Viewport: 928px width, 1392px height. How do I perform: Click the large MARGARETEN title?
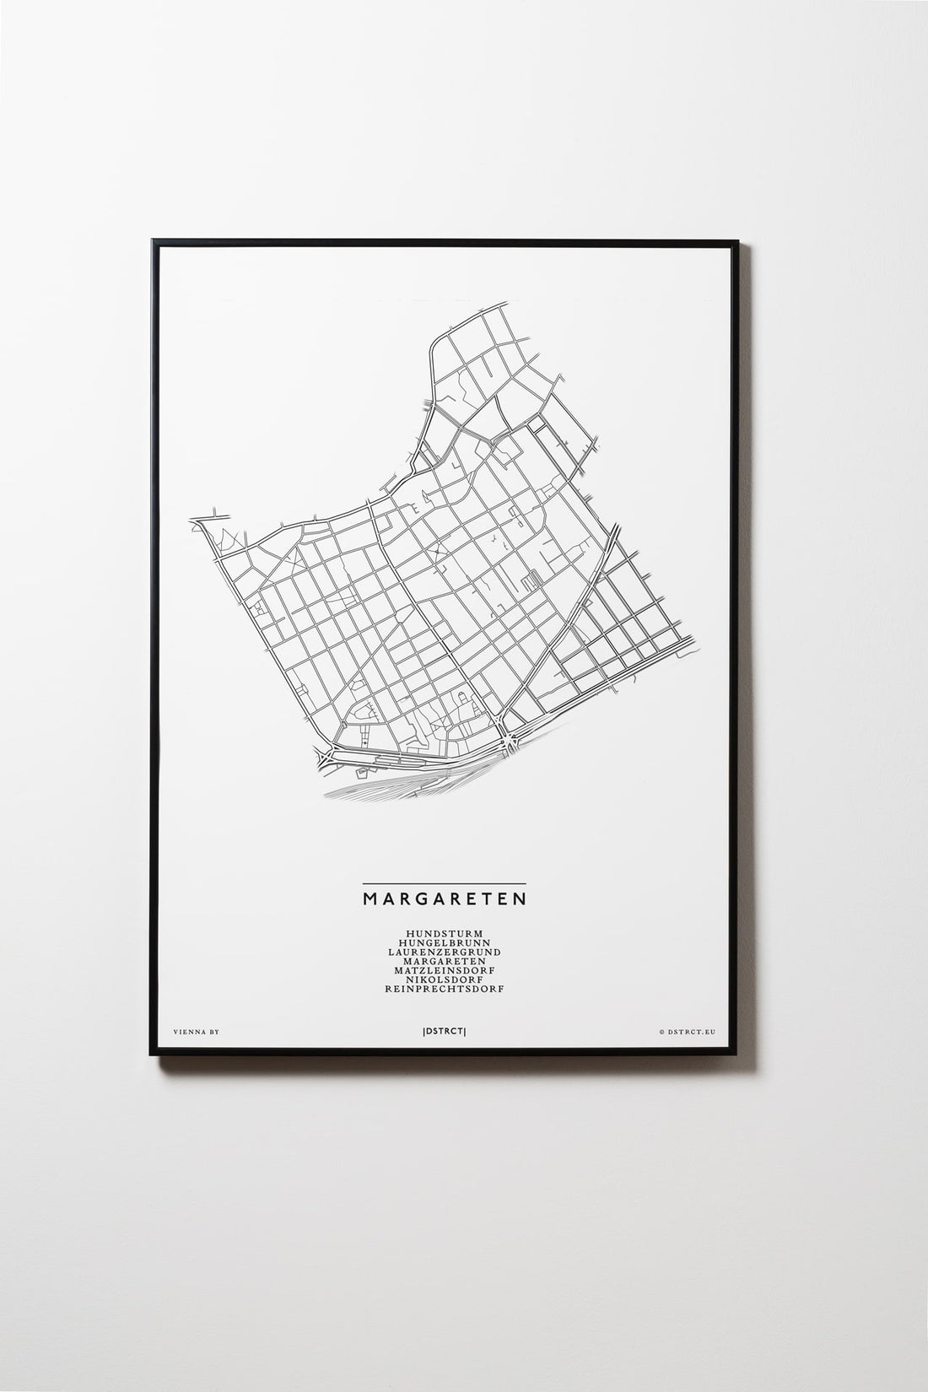click(x=445, y=897)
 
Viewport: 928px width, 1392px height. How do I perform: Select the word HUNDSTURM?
click(x=445, y=934)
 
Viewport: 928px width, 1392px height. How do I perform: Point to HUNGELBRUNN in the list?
click(x=445, y=943)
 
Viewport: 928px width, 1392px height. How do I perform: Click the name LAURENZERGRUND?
click(x=445, y=952)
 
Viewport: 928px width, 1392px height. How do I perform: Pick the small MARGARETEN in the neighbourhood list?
click(x=445, y=962)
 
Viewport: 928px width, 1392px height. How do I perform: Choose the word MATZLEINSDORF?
click(x=445, y=971)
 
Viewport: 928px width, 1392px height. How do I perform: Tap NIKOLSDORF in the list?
click(x=445, y=980)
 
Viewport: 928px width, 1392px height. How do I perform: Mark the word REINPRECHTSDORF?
click(x=445, y=990)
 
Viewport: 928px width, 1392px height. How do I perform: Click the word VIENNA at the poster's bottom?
click(x=186, y=1031)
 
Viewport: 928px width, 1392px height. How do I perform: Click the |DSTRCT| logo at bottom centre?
click(x=445, y=1031)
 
